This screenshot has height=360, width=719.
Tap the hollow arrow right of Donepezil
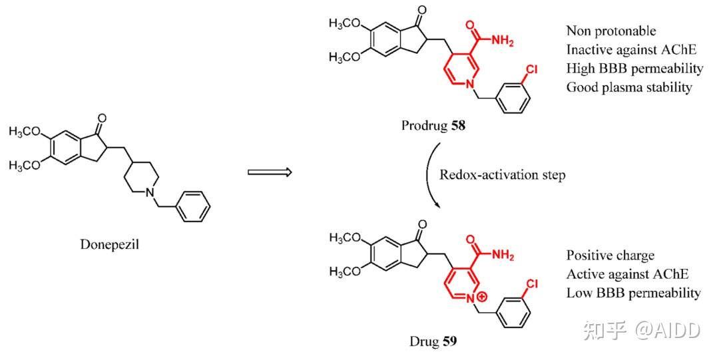click(x=270, y=173)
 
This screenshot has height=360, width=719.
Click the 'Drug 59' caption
click(x=434, y=342)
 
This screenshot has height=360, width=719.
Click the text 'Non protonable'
click(x=610, y=31)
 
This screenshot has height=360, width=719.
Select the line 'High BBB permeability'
click(x=634, y=68)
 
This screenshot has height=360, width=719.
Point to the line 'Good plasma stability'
click(x=629, y=87)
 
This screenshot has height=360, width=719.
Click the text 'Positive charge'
click(x=610, y=256)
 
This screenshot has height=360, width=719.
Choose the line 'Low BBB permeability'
click(x=633, y=293)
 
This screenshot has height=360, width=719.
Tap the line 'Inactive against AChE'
click(x=625, y=49)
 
